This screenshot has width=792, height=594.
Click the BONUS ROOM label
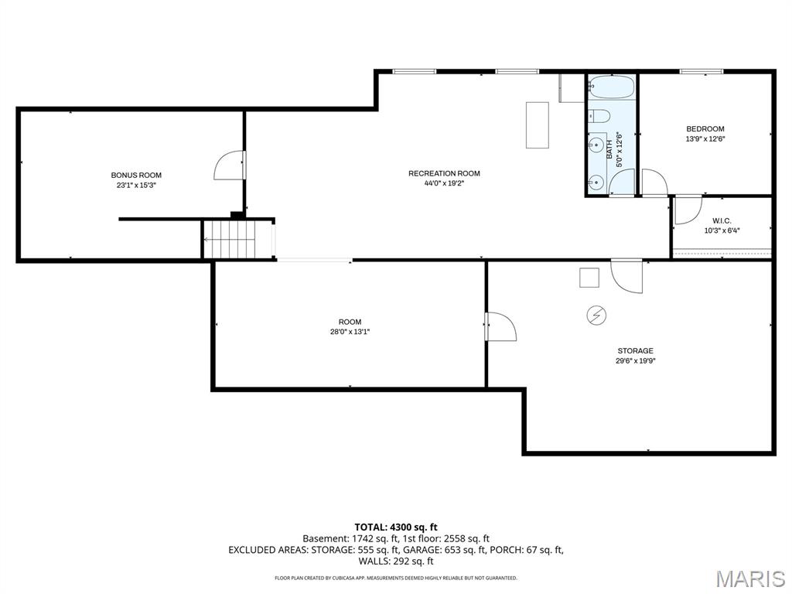136,176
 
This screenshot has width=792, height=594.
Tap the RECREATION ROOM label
444,173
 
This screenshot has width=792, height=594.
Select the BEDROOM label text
705,129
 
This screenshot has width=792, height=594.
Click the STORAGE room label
635,350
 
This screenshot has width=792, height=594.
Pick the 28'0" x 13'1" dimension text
350,332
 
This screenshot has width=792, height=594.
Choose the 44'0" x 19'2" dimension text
444,183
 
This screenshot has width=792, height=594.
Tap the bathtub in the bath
611,87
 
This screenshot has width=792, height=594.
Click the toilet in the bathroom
599,117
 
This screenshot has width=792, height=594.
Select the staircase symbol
229,239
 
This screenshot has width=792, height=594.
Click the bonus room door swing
229,165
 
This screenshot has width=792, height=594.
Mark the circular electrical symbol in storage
596,314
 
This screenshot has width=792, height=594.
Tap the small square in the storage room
589,277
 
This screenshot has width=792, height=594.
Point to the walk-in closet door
686,210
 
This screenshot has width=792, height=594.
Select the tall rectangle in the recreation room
538,125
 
